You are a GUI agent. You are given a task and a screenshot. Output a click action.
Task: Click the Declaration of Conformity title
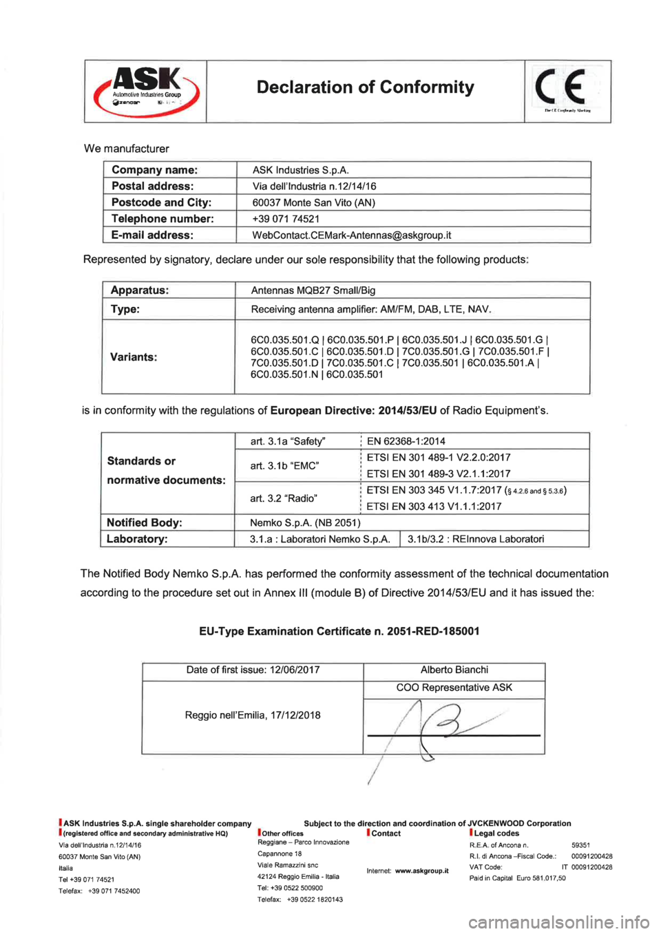[365, 87]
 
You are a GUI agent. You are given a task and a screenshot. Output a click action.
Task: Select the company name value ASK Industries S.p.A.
[300, 170]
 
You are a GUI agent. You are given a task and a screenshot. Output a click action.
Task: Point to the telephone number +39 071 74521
[286, 219]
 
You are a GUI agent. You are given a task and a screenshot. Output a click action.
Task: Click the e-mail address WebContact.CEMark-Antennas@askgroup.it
[351, 235]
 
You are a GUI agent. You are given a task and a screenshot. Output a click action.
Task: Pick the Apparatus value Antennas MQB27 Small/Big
[313, 290]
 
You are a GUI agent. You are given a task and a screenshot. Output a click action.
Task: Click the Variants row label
[134, 357]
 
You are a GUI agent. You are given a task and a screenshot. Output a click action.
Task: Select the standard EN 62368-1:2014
[406, 441]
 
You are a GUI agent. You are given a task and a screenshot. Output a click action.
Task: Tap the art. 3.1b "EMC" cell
[284, 466]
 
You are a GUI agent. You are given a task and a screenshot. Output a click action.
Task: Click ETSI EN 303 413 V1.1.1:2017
[434, 507]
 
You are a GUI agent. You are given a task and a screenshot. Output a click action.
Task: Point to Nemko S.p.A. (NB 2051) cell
[305, 523]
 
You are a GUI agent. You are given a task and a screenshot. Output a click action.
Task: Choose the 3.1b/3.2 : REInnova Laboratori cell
[475, 540]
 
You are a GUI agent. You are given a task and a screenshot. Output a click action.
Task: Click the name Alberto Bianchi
[454, 670]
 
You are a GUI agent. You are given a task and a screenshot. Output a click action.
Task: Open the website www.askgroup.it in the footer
[421, 871]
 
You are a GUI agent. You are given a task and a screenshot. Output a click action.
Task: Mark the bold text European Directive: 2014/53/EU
[353, 411]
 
